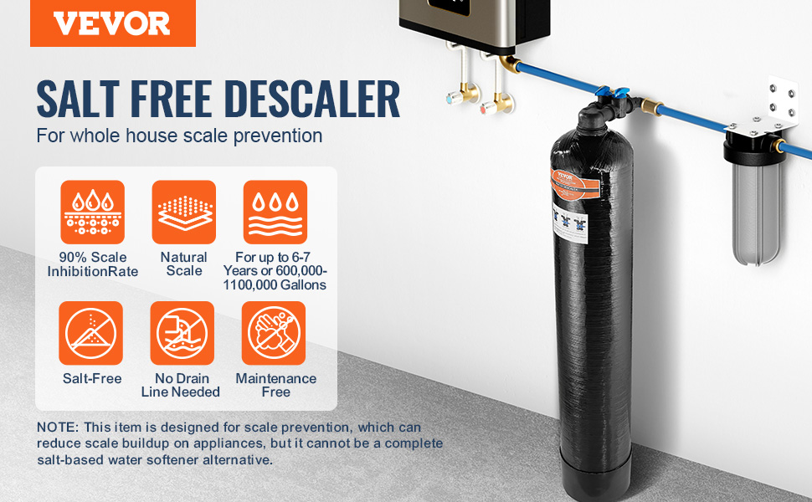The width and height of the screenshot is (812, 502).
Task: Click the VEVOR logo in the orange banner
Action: click(x=112, y=23)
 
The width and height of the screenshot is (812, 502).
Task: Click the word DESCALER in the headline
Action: click(x=312, y=99)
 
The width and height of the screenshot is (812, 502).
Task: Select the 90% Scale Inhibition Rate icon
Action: click(x=93, y=213)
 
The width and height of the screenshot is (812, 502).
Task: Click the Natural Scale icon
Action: click(x=184, y=213)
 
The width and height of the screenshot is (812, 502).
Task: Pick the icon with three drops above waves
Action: click(x=275, y=213)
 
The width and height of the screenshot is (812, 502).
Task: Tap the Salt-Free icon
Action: click(x=91, y=333)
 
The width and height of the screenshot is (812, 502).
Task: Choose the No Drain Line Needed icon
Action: click(x=182, y=333)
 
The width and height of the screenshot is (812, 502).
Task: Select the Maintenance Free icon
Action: click(x=274, y=333)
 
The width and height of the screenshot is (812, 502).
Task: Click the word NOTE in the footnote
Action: click(x=57, y=428)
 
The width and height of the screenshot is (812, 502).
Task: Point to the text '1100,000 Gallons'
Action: click(x=275, y=285)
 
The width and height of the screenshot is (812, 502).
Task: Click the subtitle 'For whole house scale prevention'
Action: click(x=179, y=136)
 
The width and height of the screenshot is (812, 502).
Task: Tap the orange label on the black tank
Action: click(x=574, y=185)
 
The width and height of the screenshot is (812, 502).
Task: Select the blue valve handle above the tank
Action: click(x=612, y=92)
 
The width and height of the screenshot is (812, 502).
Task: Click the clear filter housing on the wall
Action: click(x=756, y=213)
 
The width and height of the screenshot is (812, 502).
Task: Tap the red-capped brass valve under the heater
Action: click(x=495, y=104)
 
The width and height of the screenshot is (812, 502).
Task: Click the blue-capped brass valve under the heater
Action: click(x=461, y=95)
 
